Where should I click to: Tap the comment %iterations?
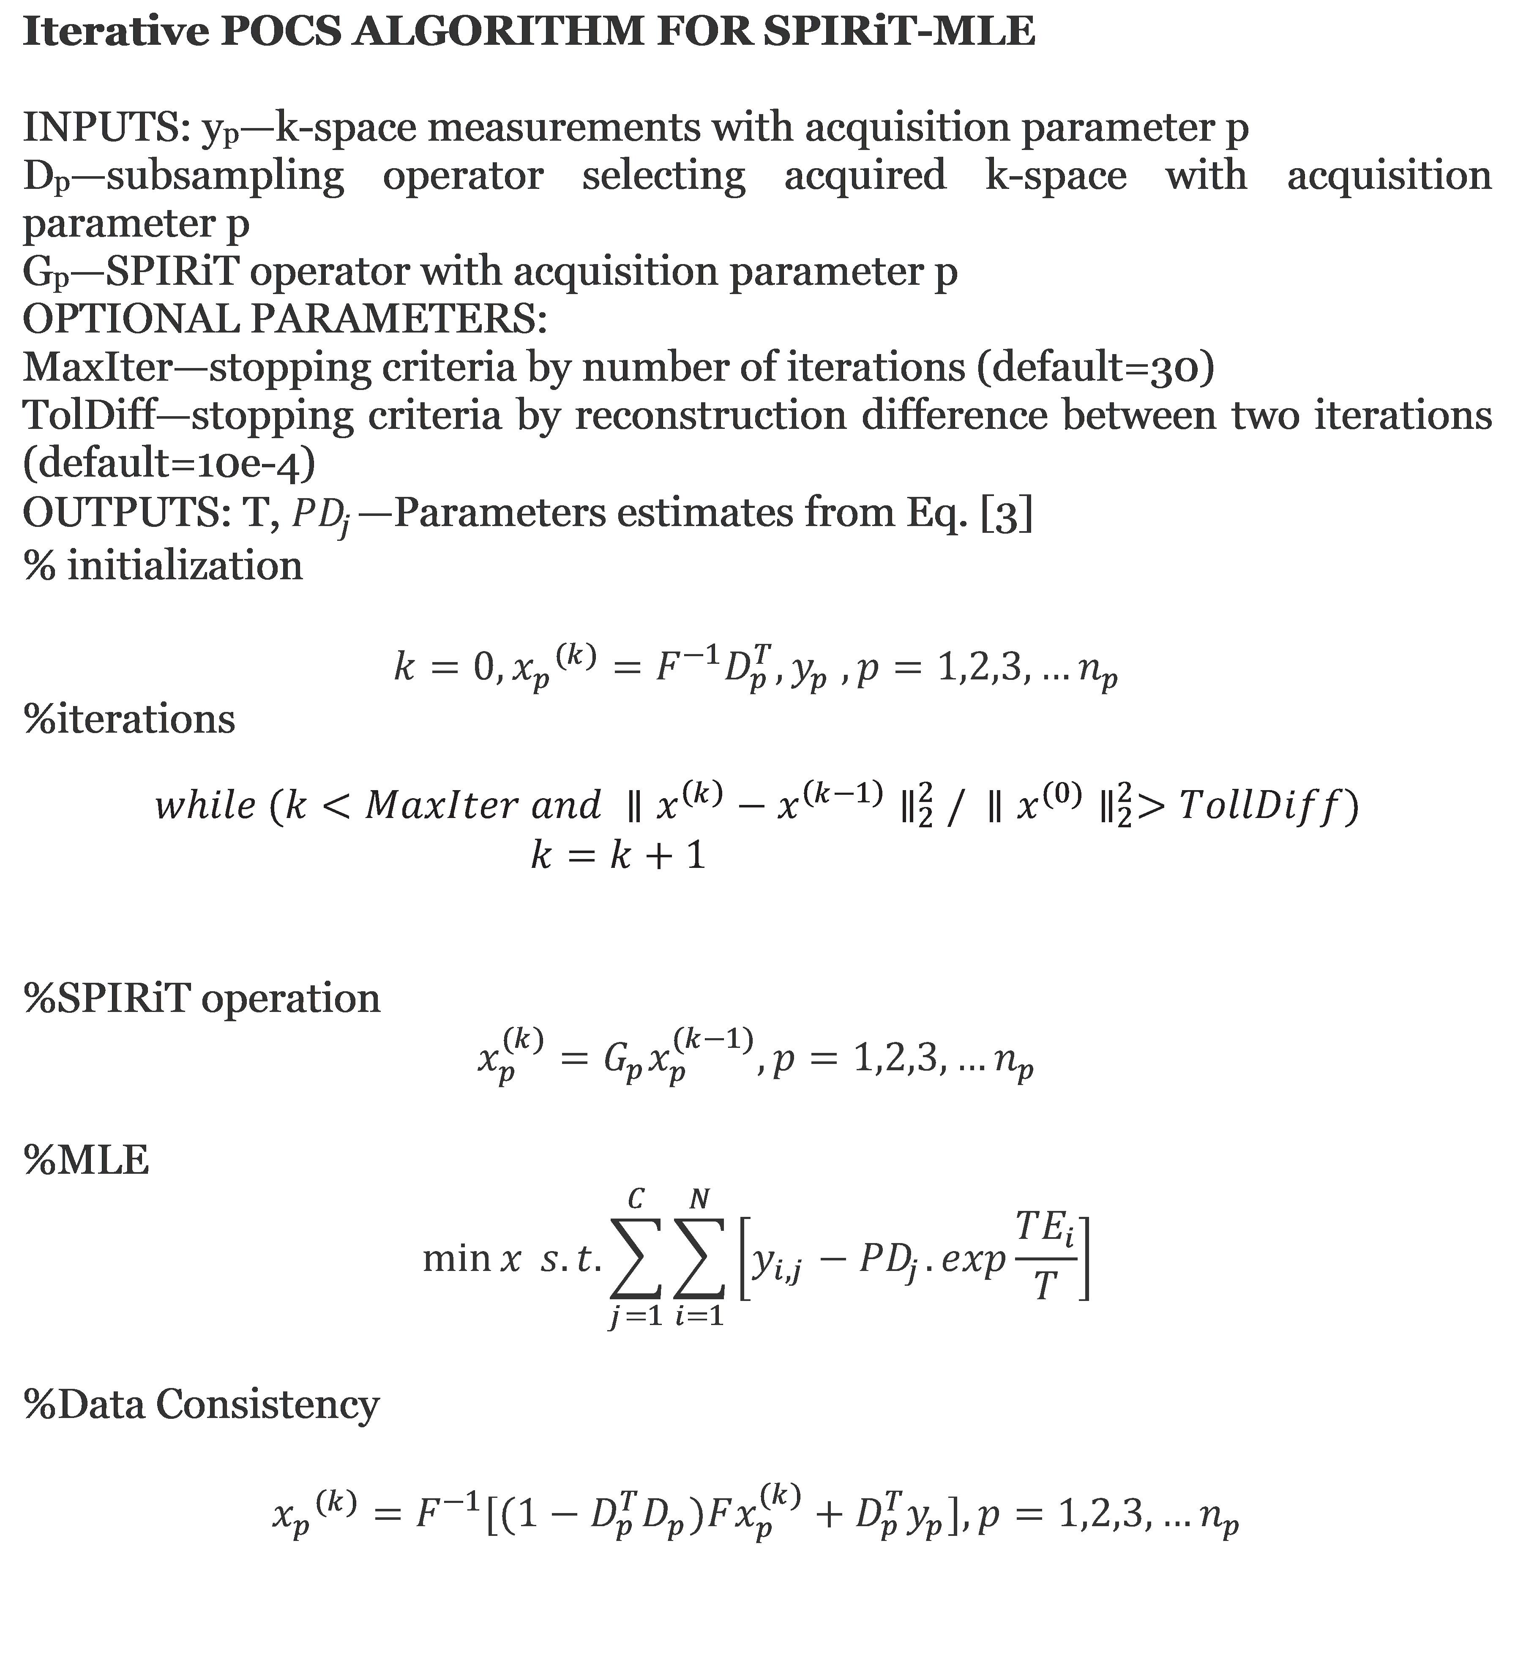pyautogui.click(x=129, y=719)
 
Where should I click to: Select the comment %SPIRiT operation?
pyautogui.click(x=201, y=998)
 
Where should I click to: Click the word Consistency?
pyautogui.click(x=267, y=1404)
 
